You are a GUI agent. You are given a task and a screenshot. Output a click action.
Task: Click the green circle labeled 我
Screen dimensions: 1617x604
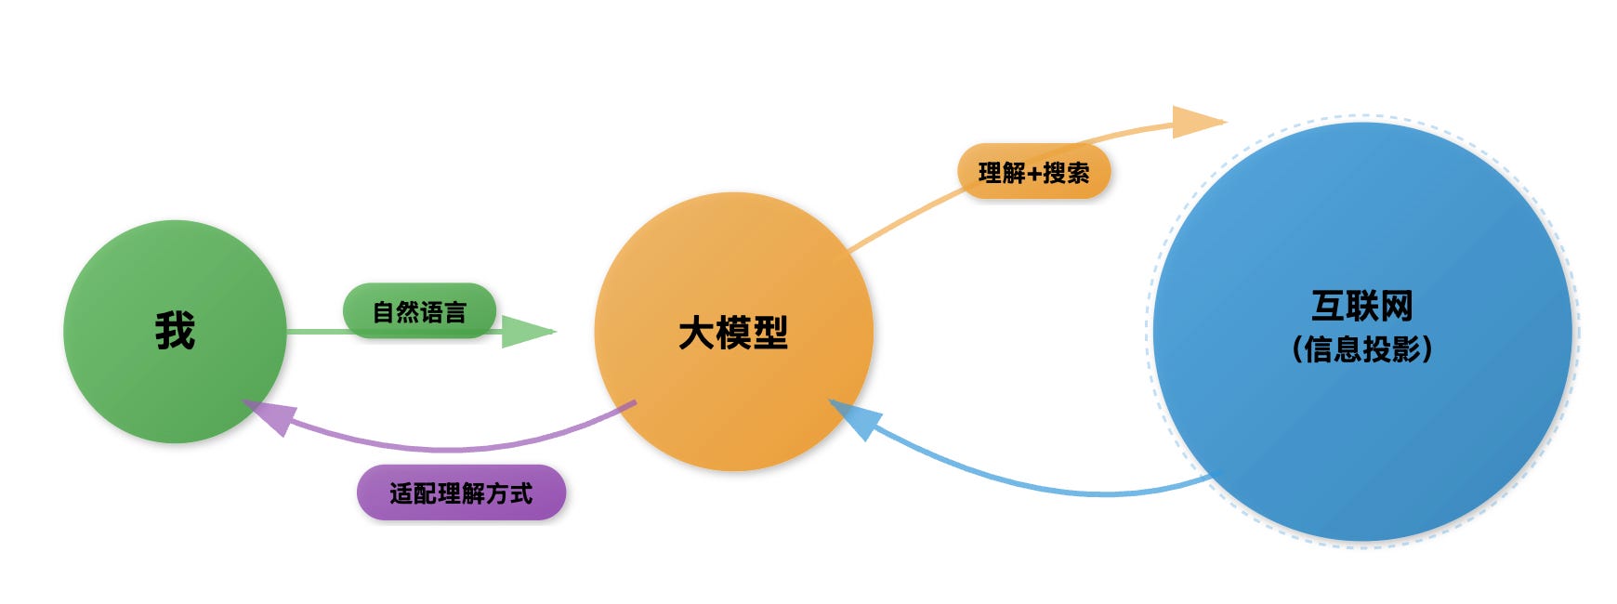tap(139, 372)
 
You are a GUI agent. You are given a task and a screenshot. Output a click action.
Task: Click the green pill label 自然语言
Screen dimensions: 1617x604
tap(419, 310)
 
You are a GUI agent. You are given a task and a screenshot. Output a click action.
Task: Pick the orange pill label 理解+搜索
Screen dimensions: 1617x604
tap(1033, 172)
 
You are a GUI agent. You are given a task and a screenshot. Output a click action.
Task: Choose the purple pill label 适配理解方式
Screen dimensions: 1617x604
tap(461, 492)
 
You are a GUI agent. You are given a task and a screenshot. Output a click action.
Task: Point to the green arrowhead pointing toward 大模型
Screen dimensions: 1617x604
tap(526, 331)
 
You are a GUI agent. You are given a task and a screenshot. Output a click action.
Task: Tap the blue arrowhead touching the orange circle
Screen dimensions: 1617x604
tap(850, 418)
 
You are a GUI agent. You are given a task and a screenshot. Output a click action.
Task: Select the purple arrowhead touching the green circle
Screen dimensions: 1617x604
tap(269, 415)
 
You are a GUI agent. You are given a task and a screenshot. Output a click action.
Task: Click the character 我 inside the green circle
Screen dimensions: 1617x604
tap(175, 331)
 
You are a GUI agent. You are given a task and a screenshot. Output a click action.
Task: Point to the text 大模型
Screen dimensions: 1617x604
tap(733, 333)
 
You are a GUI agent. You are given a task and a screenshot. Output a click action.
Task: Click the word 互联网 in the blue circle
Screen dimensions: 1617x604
tap(1361, 306)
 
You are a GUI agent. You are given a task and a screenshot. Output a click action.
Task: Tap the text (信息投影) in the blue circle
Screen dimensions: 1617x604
tap(1361, 349)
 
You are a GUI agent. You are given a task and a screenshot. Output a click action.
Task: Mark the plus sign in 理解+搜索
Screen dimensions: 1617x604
tap(1034, 173)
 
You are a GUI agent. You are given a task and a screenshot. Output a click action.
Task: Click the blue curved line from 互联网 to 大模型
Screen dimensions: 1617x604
tap(1041, 481)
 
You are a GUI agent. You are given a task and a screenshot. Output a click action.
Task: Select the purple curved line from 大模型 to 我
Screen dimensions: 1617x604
tap(446, 448)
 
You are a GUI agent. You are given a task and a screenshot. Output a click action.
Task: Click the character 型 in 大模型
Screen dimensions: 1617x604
tap(770, 333)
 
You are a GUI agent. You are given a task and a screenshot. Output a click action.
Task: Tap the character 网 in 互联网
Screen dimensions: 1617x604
tap(1397, 306)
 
